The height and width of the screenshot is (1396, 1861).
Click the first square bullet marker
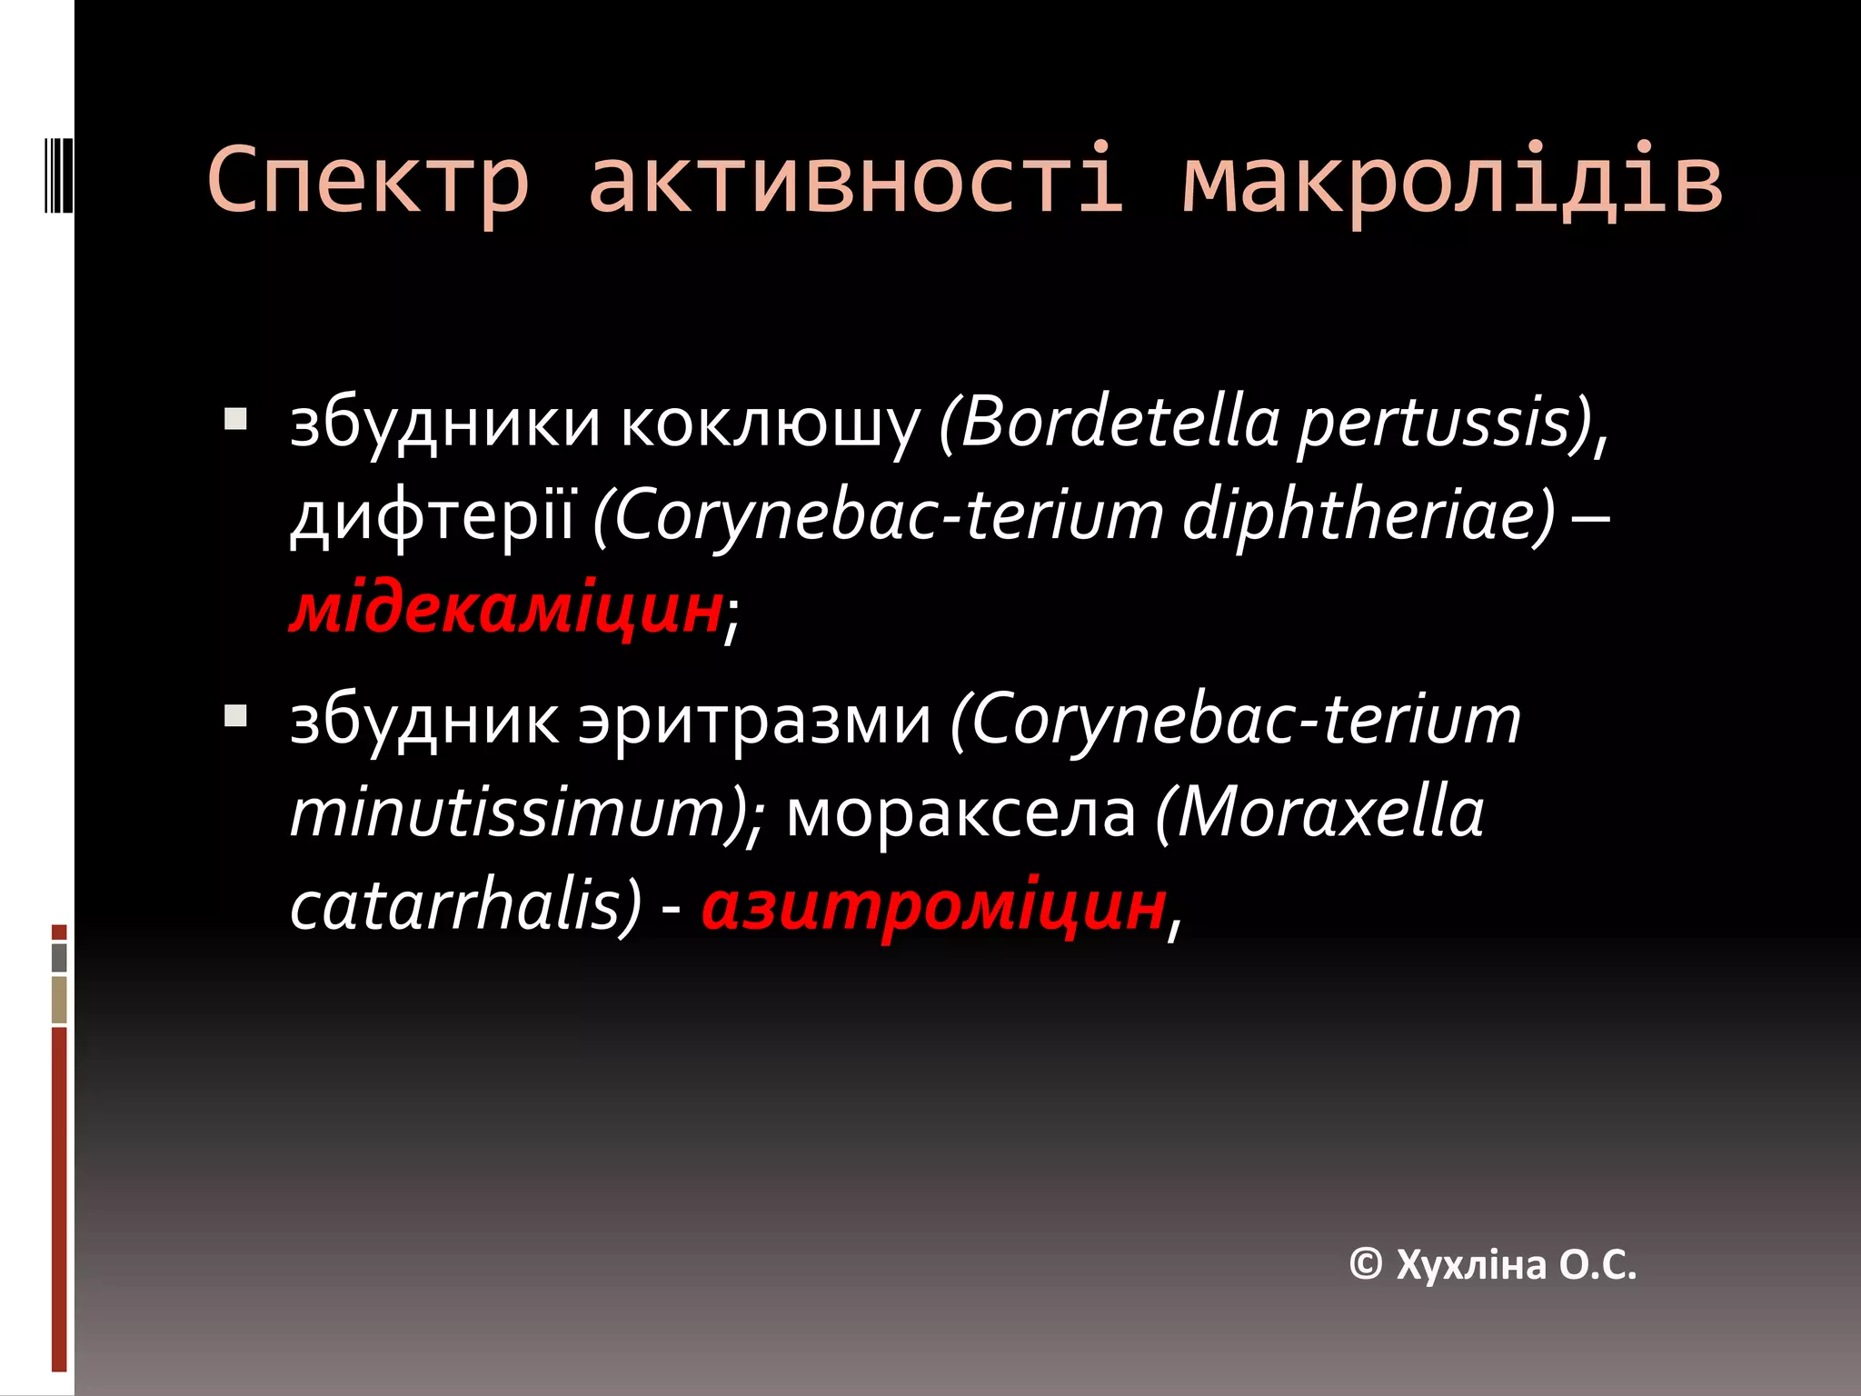[x=235, y=419]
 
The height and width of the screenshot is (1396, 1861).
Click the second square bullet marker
[x=235, y=715]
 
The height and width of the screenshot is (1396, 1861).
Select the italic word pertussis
[x=1445, y=424]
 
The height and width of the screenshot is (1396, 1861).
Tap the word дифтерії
[x=433, y=516]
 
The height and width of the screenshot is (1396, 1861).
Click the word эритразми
[x=755, y=721]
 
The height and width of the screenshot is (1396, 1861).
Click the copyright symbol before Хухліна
[x=1366, y=1264]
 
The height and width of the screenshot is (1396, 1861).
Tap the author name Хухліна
[x=1471, y=1264]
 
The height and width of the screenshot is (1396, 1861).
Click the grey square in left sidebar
[x=59, y=957]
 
